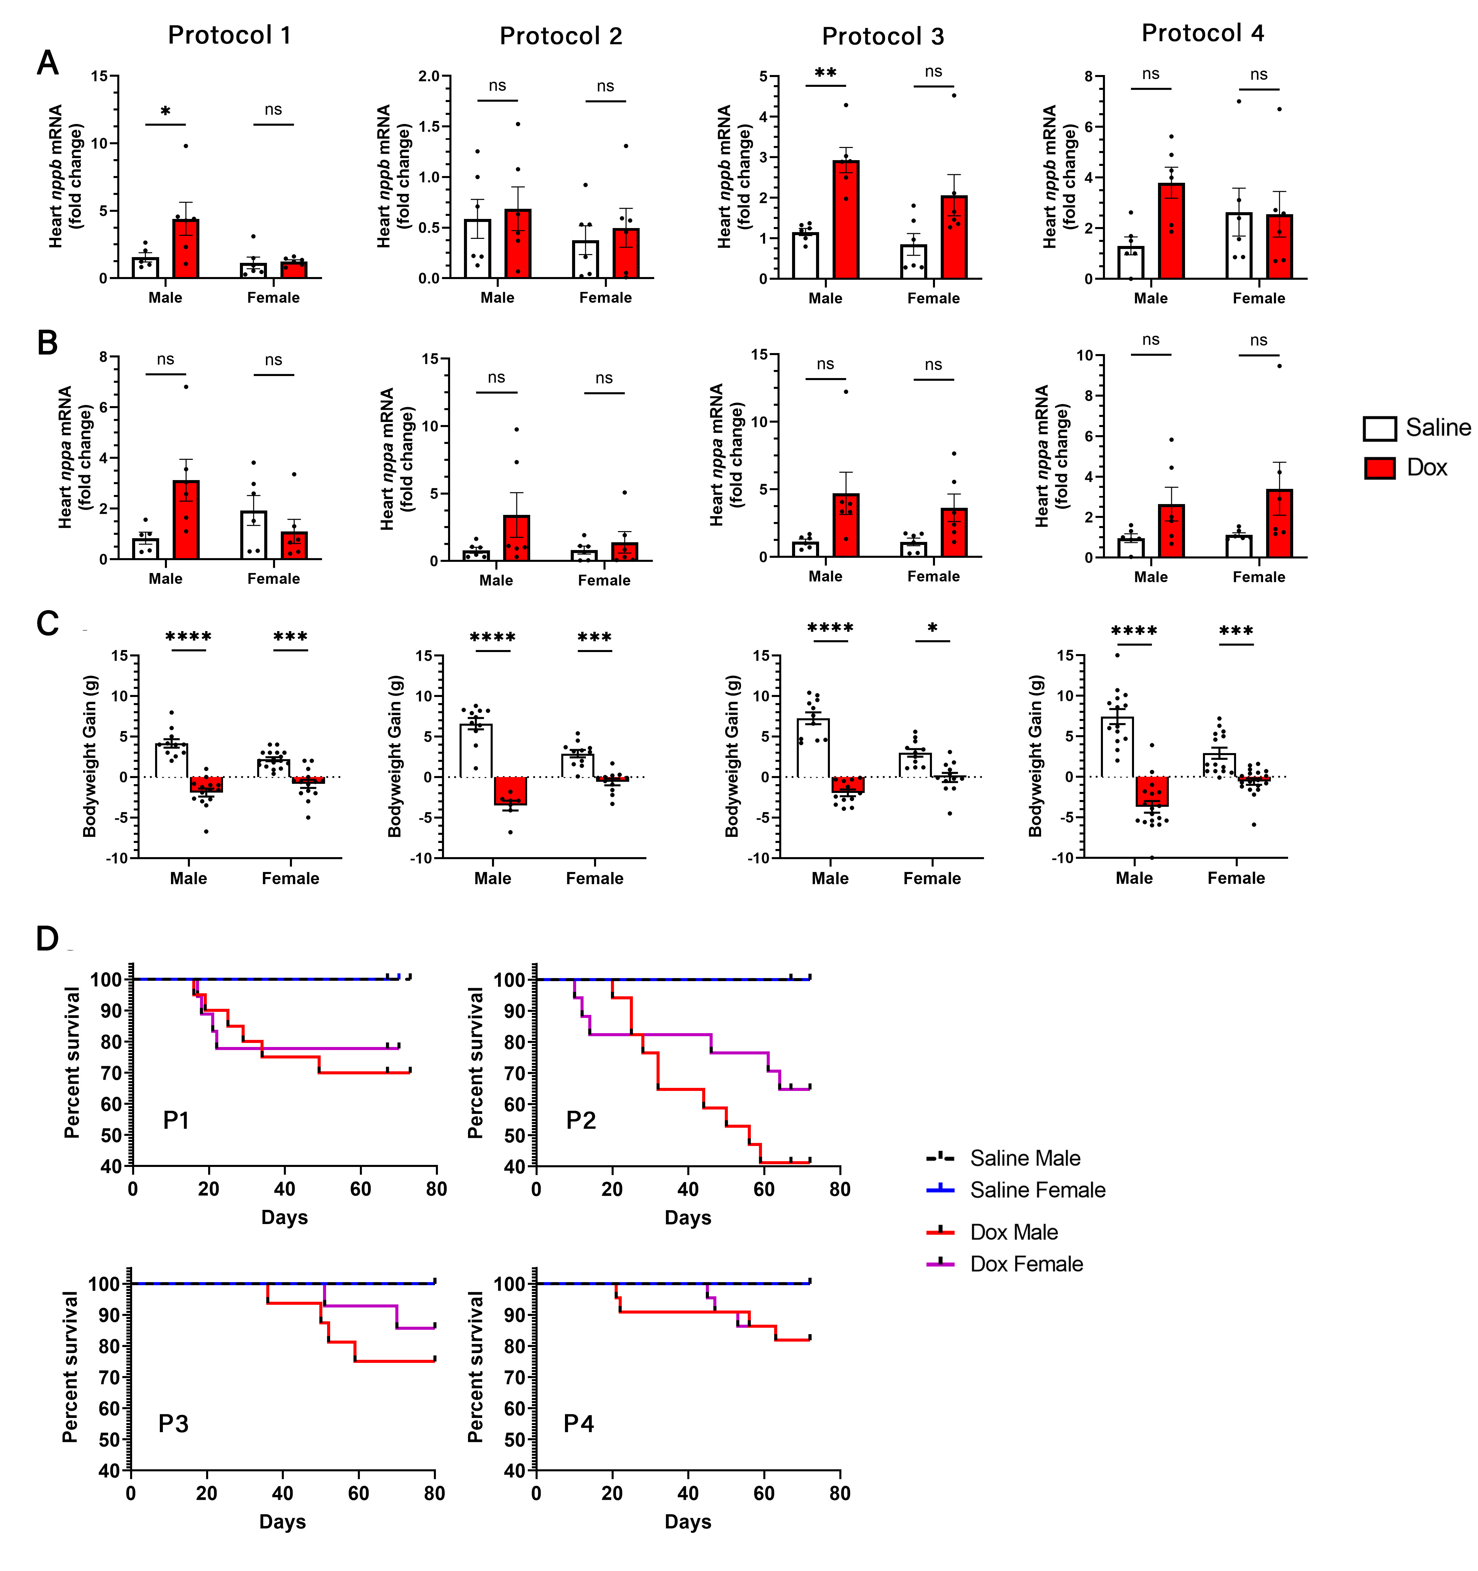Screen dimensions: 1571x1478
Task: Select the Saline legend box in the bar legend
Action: pyautogui.click(x=1379, y=428)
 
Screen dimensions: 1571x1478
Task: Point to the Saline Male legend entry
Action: pyautogui.click(x=1024, y=1158)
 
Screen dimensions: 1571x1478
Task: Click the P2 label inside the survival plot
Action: pyautogui.click(x=581, y=1121)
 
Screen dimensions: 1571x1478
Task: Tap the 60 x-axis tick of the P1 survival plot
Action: pyautogui.click(x=361, y=1189)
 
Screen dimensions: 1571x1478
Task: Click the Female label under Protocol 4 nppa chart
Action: pyautogui.click(x=1258, y=577)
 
